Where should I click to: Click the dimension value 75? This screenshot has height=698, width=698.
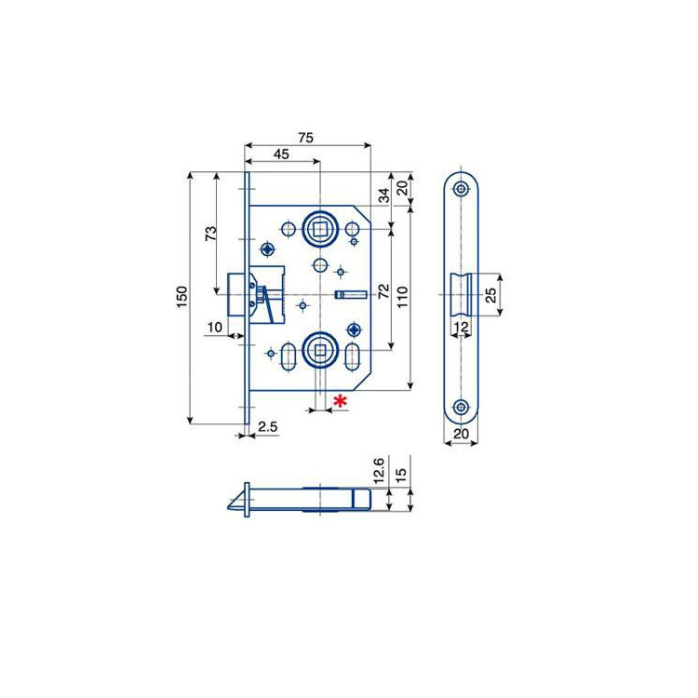306,138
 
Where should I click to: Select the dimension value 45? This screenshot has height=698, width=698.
281,154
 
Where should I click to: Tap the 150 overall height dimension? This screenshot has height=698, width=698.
182,298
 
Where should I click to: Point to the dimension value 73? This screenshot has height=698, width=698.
210,234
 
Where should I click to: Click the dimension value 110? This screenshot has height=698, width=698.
401,298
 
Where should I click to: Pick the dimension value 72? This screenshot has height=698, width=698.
383,290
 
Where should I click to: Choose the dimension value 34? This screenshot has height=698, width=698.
383,195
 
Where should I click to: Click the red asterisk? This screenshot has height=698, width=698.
341,401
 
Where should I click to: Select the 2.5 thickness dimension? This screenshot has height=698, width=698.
267,427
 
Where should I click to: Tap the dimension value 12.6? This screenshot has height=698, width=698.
379,471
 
